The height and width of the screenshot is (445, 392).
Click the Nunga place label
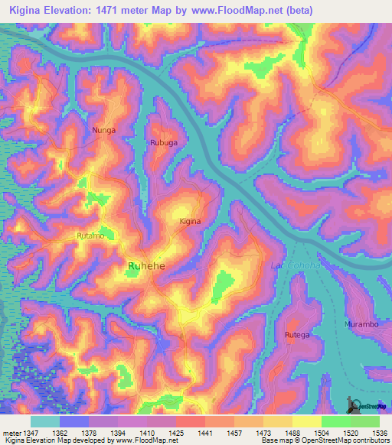103,130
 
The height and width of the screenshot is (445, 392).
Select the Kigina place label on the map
190,221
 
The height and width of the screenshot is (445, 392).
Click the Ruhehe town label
146,265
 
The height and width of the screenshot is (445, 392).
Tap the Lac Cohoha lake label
292,265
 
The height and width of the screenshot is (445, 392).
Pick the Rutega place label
297,335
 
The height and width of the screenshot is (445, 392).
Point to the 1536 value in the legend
380,433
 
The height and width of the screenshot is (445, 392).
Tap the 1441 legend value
205,433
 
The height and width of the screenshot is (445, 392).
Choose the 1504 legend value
321,433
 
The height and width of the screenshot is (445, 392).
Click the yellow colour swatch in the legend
306,421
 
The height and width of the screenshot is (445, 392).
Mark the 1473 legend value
263,433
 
